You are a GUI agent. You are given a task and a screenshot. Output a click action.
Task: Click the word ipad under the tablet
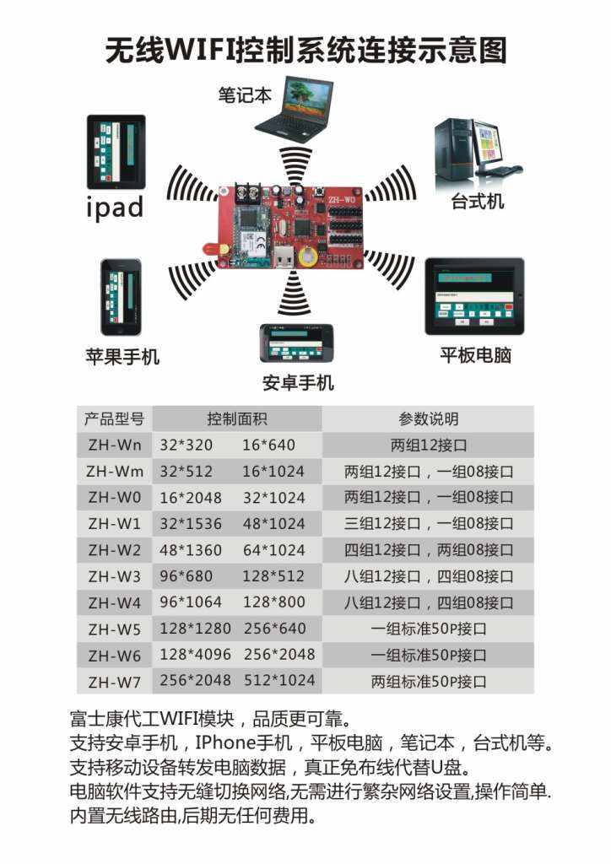click(x=115, y=208)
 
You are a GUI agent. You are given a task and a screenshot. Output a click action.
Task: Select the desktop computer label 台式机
click(x=478, y=201)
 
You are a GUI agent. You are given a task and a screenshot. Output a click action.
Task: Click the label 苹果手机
click(x=122, y=356)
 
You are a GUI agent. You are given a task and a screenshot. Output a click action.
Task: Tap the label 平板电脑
click(x=475, y=355)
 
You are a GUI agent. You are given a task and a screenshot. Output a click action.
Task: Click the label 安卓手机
click(x=298, y=383)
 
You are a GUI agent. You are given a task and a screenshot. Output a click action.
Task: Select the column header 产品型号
click(x=114, y=418)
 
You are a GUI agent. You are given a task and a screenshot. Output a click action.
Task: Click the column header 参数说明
click(x=429, y=418)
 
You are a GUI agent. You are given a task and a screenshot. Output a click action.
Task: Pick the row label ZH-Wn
click(x=114, y=445)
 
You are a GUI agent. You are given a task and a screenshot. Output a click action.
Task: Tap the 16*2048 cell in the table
click(x=191, y=497)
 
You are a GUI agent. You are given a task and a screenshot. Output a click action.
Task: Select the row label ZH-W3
click(x=114, y=576)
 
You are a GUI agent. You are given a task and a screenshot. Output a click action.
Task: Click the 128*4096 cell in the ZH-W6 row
click(x=196, y=655)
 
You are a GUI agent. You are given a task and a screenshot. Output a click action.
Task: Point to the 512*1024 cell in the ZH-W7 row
click(x=279, y=681)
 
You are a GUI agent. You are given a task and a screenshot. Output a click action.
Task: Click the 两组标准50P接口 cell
click(x=429, y=681)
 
